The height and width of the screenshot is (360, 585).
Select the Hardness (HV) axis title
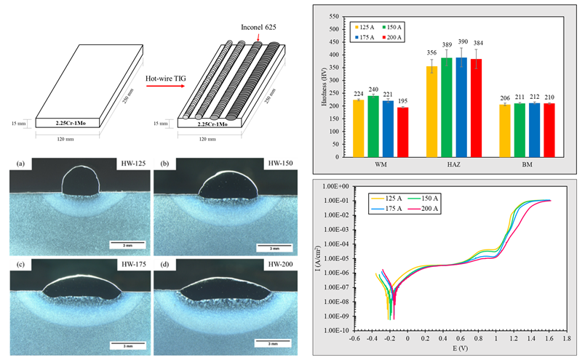319,85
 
